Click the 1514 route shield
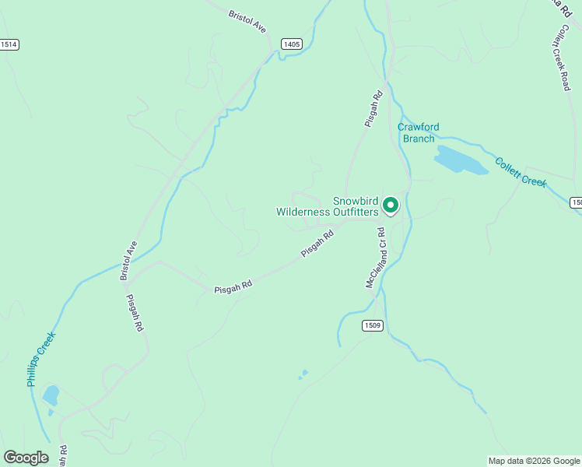pyautogui.click(x=9, y=44)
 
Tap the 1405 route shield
pyautogui.click(x=291, y=44)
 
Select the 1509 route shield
pyautogui.click(x=371, y=325)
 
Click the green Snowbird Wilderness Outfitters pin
pyautogui.click(x=391, y=205)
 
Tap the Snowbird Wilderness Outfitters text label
pyautogui.click(x=328, y=205)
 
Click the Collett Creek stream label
pyautogui.click(x=521, y=172)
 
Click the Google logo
pyautogui.click(x=26, y=457)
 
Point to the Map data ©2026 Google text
pyautogui.click(x=534, y=461)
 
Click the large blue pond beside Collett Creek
pyautogui.click(x=459, y=160)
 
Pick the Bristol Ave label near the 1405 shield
pyautogui.click(x=247, y=21)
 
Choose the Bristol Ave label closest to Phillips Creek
pyautogui.click(x=128, y=260)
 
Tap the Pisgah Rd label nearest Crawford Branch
pyautogui.click(x=374, y=109)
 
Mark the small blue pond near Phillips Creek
pyautogui.click(x=51, y=396)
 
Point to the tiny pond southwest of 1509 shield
pyautogui.click(x=303, y=374)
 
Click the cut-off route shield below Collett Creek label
pyautogui.click(x=577, y=202)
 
